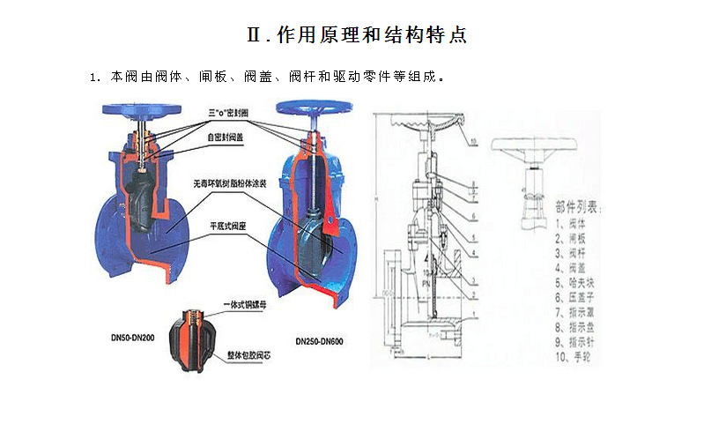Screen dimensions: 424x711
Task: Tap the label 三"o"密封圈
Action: [x=227, y=114]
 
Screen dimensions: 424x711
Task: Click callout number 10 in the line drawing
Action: [x=474, y=141]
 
